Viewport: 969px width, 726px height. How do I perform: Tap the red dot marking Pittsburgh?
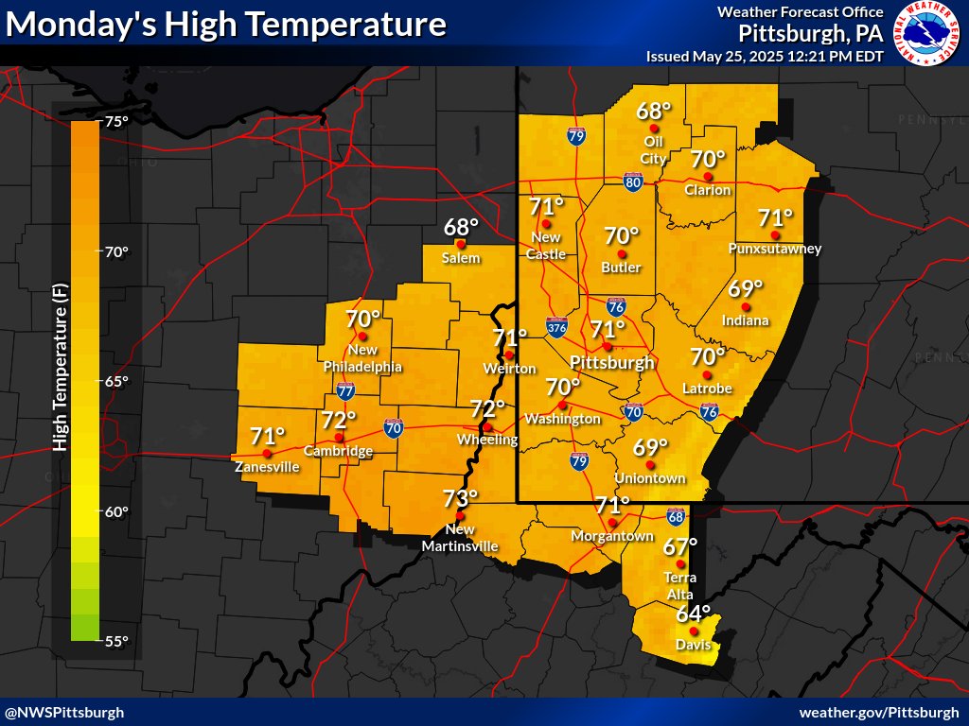pos(608,346)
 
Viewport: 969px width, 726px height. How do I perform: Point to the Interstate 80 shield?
pos(633,182)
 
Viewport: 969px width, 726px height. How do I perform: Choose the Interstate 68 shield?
pos(676,516)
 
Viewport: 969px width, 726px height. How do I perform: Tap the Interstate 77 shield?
pos(345,390)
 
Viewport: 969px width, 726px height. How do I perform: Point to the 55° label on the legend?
pos(115,641)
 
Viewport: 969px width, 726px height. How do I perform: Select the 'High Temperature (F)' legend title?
pos(59,378)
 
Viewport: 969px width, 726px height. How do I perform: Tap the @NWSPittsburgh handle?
pos(64,712)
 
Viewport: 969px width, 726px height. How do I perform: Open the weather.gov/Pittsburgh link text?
pos(879,712)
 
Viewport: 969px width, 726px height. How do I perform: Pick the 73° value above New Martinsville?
pos(461,498)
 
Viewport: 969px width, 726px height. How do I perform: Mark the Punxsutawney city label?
pos(775,249)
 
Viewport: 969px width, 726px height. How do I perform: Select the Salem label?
pos(461,258)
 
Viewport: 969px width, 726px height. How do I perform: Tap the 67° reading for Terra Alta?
pos(679,546)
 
